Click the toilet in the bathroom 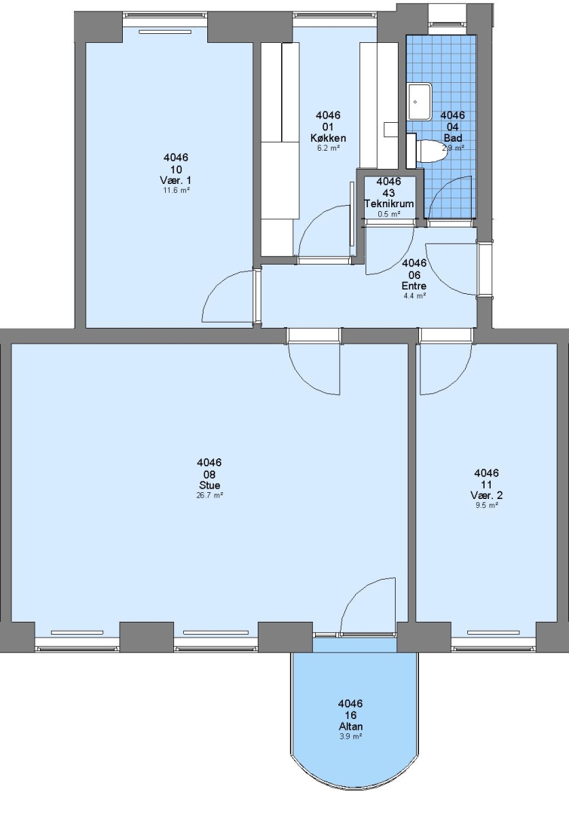pos(427,151)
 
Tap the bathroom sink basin pos(420,102)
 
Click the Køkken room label pos(328,138)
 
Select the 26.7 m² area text pos(210,495)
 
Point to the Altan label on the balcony pos(350,727)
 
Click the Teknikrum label pos(389,203)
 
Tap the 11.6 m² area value pos(176,190)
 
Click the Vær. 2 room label pos(486,495)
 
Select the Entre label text pos(414,286)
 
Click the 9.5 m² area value pos(487,505)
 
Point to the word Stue pos(210,485)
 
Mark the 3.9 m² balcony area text pos(350,736)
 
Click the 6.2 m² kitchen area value pos(328,148)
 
